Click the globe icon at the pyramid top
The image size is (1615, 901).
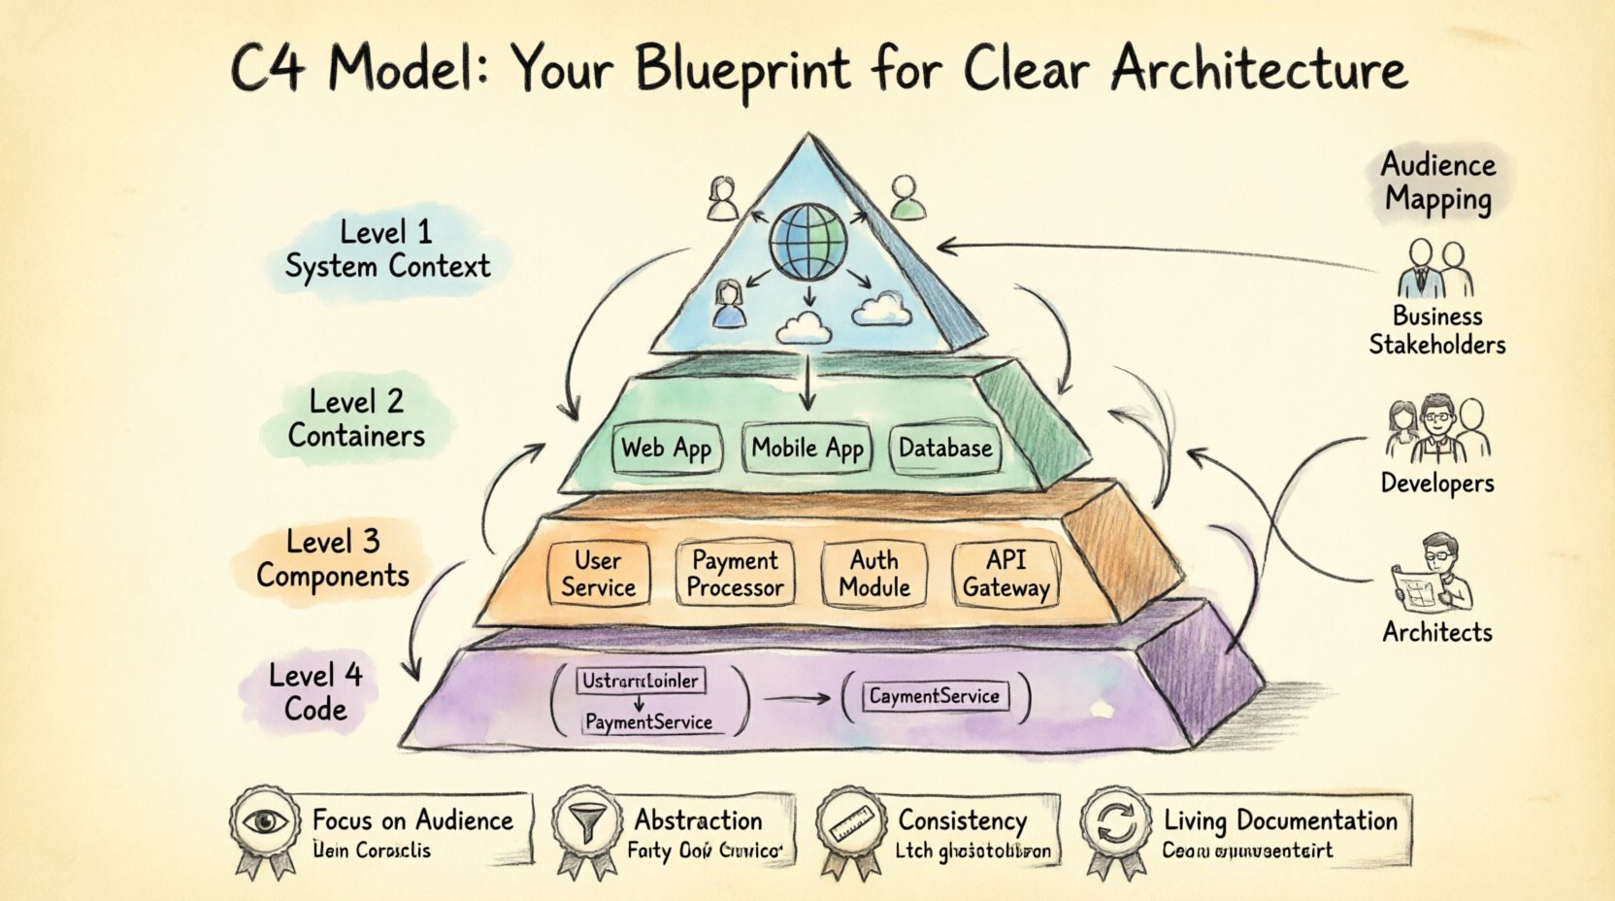(x=807, y=242)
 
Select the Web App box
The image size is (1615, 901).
(x=667, y=449)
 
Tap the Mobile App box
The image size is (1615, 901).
(x=807, y=449)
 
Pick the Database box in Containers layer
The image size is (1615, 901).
(x=945, y=449)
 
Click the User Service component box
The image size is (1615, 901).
(x=598, y=574)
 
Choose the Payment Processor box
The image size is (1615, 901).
(x=735, y=574)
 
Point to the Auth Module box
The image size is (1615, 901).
(x=874, y=574)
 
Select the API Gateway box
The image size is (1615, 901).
(x=1005, y=574)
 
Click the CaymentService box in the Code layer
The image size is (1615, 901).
(x=934, y=696)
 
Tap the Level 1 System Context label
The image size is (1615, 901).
(x=386, y=250)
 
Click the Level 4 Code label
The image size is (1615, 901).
(x=315, y=691)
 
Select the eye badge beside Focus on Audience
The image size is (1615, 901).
(x=265, y=824)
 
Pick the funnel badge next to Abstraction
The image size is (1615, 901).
(x=585, y=825)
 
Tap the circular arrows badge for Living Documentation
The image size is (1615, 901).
(x=1115, y=825)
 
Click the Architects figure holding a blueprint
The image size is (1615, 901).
(x=1434, y=574)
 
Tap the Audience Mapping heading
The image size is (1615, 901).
(x=1437, y=182)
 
